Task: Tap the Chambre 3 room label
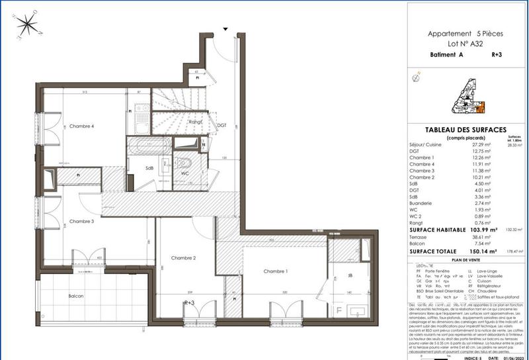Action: [x=82, y=221]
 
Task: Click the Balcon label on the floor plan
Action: [x=75, y=296]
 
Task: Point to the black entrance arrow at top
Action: [x=225, y=29]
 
